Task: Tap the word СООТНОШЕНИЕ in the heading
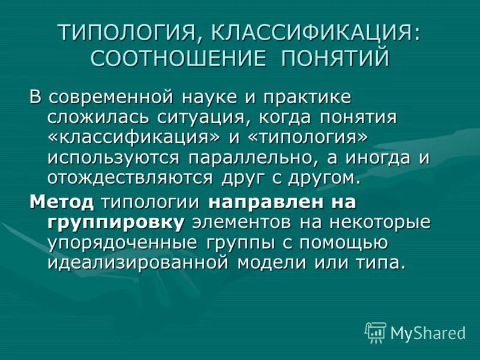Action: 172,59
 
